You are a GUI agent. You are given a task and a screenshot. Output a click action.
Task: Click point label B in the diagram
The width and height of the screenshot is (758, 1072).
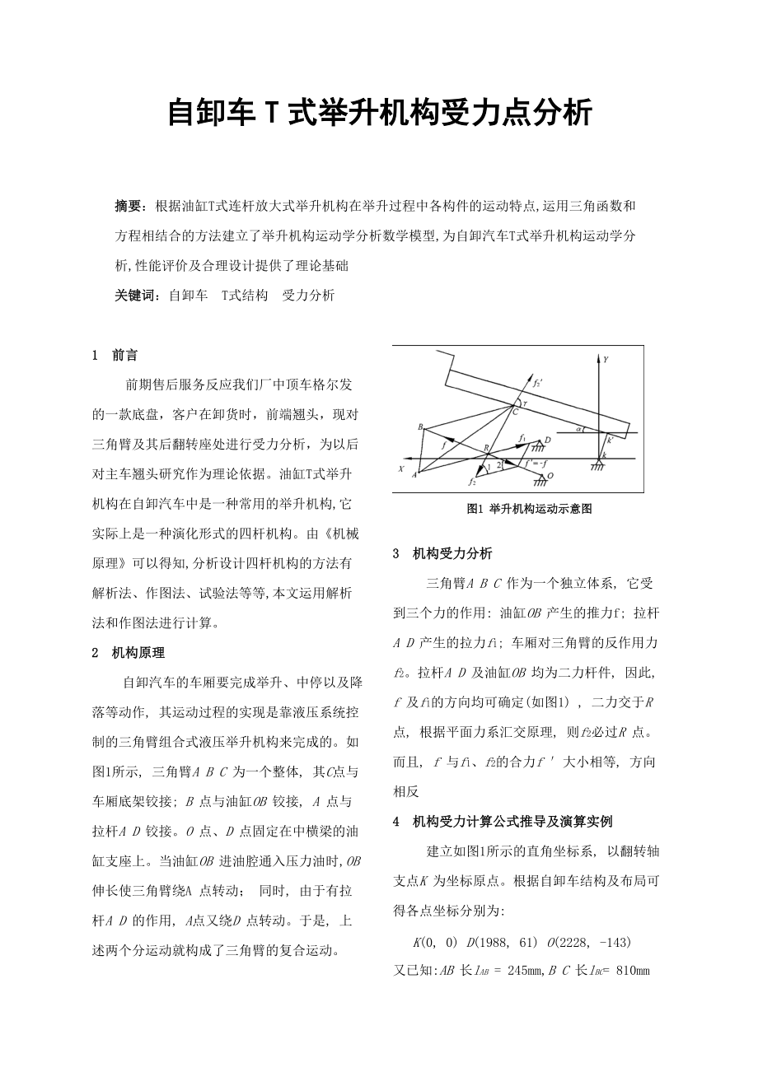[x=420, y=427]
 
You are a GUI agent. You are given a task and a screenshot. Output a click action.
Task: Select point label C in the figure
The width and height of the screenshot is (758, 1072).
[x=515, y=412]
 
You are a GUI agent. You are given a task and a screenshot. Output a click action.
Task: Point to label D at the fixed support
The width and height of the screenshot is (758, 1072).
[x=547, y=441]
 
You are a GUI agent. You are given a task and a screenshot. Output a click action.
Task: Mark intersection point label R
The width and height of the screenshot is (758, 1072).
[x=487, y=449]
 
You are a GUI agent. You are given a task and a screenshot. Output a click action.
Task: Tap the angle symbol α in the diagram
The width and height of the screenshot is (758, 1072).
[x=580, y=429]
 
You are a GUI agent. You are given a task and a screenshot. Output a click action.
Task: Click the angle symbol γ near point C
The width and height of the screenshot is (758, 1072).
[x=521, y=402]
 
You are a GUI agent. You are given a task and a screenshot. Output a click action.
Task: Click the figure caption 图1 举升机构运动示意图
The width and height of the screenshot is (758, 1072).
[x=528, y=509]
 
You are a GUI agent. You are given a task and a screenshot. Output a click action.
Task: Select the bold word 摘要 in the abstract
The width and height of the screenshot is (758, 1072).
[x=129, y=204]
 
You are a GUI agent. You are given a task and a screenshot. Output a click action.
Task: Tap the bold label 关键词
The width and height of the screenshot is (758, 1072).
[x=136, y=295]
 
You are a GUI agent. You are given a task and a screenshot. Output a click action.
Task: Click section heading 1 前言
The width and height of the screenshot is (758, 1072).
[x=115, y=356]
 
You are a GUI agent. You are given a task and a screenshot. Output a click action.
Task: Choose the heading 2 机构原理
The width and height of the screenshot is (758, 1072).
[x=129, y=652]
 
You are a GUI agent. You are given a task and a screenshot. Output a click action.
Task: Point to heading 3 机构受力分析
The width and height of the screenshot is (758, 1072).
[x=442, y=553]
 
